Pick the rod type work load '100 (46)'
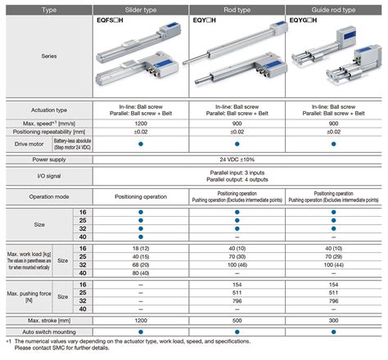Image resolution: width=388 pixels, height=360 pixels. pos(237,265)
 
